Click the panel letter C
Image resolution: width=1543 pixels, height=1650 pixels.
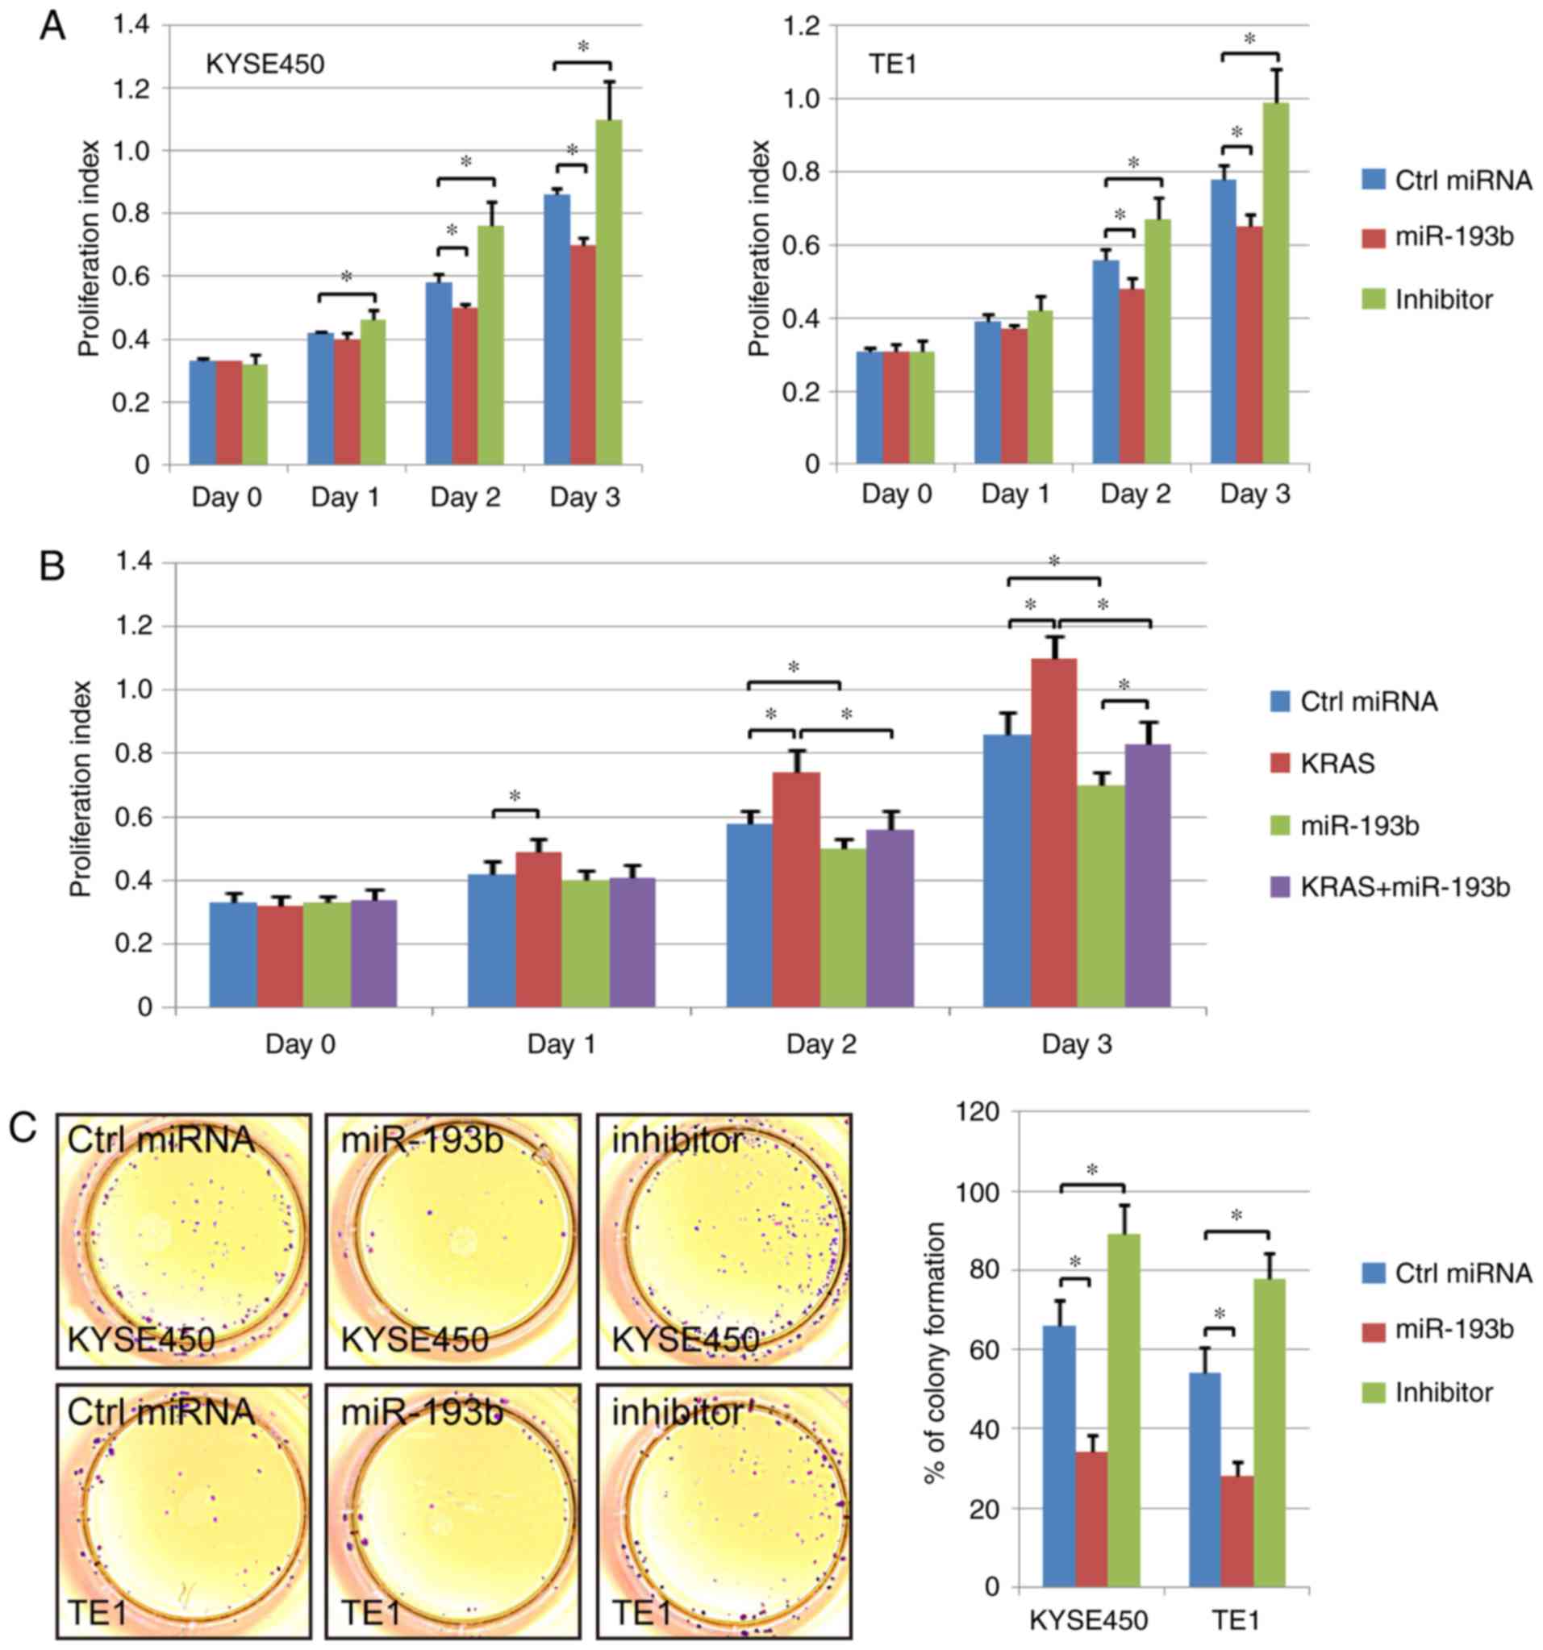pyautogui.click(x=23, y=1128)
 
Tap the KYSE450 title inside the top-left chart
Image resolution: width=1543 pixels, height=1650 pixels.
pyautogui.click(x=265, y=64)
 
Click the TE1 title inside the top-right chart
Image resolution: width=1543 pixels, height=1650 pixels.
pyautogui.click(x=892, y=64)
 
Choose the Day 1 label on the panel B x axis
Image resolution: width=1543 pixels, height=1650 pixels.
pyautogui.click(x=561, y=1044)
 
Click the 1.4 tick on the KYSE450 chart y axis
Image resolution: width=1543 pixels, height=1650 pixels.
pyautogui.click(x=132, y=25)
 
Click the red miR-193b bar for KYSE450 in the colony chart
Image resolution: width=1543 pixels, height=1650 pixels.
pyautogui.click(x=1091, y=1519)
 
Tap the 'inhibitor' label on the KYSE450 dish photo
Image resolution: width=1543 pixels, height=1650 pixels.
pyautogui.click(x=678, y=1141)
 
